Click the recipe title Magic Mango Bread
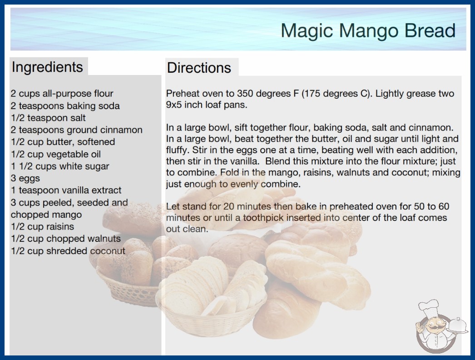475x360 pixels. (x=368, y=30)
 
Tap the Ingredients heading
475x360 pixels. (x=47, y=67)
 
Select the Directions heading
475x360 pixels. (x=199, y=68)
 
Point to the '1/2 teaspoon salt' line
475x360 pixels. (x=48, y=118)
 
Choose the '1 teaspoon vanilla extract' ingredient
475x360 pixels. (x=66, y=190)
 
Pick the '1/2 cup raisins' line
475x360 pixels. (x=42, y=226)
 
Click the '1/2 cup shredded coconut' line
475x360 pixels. (x=68, y=251)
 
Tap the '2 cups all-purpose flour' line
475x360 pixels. (x=62, y=94)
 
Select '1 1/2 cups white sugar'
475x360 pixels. (x=60, y=166)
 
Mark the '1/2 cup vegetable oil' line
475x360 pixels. (x=56, y=154)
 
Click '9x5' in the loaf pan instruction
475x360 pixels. (x=174, y=105)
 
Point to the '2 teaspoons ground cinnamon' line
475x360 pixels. (x=77, y=130)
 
